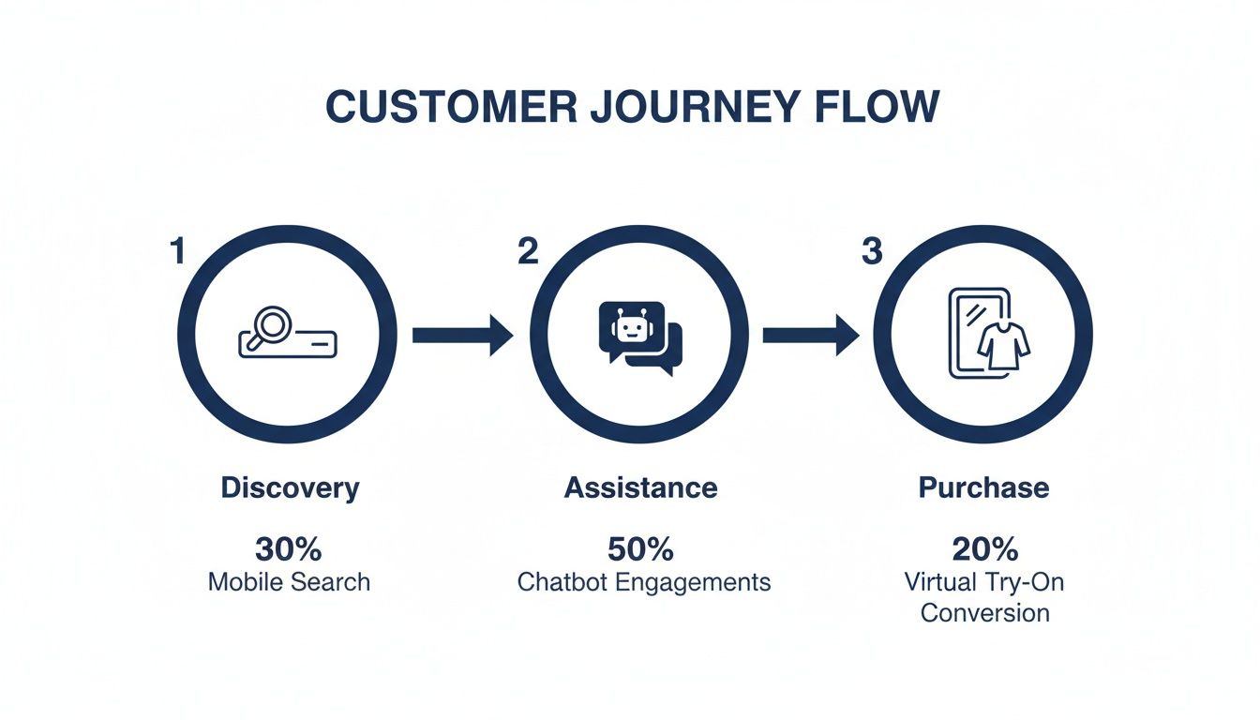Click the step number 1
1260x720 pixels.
pos(176,251)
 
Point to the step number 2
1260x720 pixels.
pos(528,251)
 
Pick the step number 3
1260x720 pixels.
pos(872,251)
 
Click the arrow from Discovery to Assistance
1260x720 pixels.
pos(463,335)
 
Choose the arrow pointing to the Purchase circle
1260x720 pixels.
pos(811,335)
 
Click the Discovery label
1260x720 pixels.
pos(290,487)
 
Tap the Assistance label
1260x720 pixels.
pos(640,487)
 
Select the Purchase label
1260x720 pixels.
pos(983,487)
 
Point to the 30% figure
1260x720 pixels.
pos(289,548)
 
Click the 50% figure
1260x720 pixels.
pos(640,548)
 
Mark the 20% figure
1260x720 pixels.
pos(984,548)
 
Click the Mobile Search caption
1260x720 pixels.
pos(289,581)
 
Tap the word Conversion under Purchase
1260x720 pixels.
pos(984,613)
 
